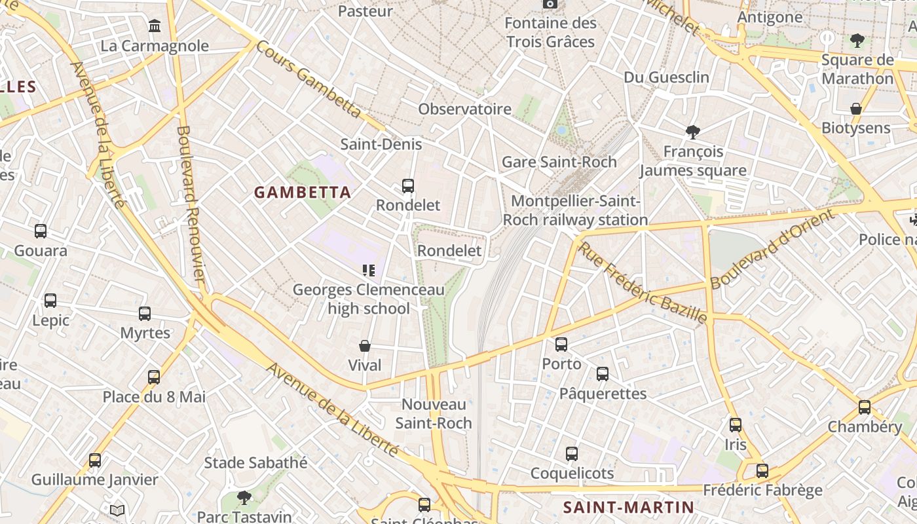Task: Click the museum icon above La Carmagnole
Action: [155, 26]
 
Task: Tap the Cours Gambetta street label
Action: [308, 80]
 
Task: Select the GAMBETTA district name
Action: [303, 193]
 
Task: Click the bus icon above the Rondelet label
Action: [408, 186]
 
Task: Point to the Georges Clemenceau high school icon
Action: [368, 270]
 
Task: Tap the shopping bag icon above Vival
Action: [365, 346]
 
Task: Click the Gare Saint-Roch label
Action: [559, 162]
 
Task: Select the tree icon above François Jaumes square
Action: [692, 132]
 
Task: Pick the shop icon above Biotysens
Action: [855, 108]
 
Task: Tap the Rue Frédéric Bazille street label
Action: [642, 283]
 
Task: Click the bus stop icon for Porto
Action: [561, 345]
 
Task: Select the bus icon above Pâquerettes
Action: [603, 374]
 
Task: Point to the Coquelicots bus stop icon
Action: [572, 454]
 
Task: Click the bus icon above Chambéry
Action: [865, 407]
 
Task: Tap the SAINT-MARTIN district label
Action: [628, 507]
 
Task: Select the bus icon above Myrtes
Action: [145, 314]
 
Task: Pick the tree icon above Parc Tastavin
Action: [244, 498]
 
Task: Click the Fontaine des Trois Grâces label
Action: [551, 33]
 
